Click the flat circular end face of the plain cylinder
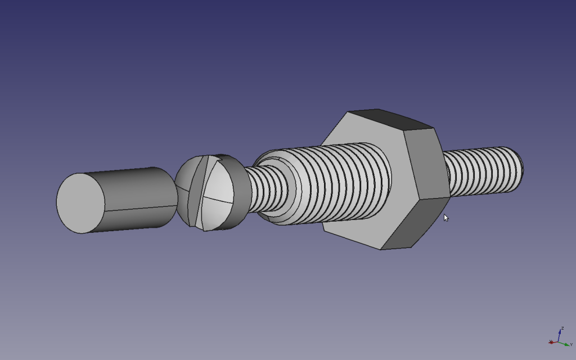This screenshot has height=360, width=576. (80, 203)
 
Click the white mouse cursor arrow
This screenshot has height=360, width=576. (445, 218)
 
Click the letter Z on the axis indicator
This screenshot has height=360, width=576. (562, 328)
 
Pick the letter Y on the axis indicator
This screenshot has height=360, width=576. (571, 344)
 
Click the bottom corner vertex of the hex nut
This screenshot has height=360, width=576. (382, 249)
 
